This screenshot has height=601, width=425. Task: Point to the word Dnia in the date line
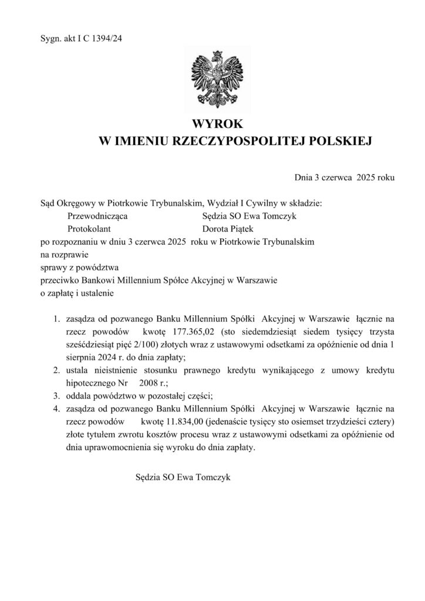coord(304,176)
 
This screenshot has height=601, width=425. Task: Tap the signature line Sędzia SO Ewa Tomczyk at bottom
coord(183,477)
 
